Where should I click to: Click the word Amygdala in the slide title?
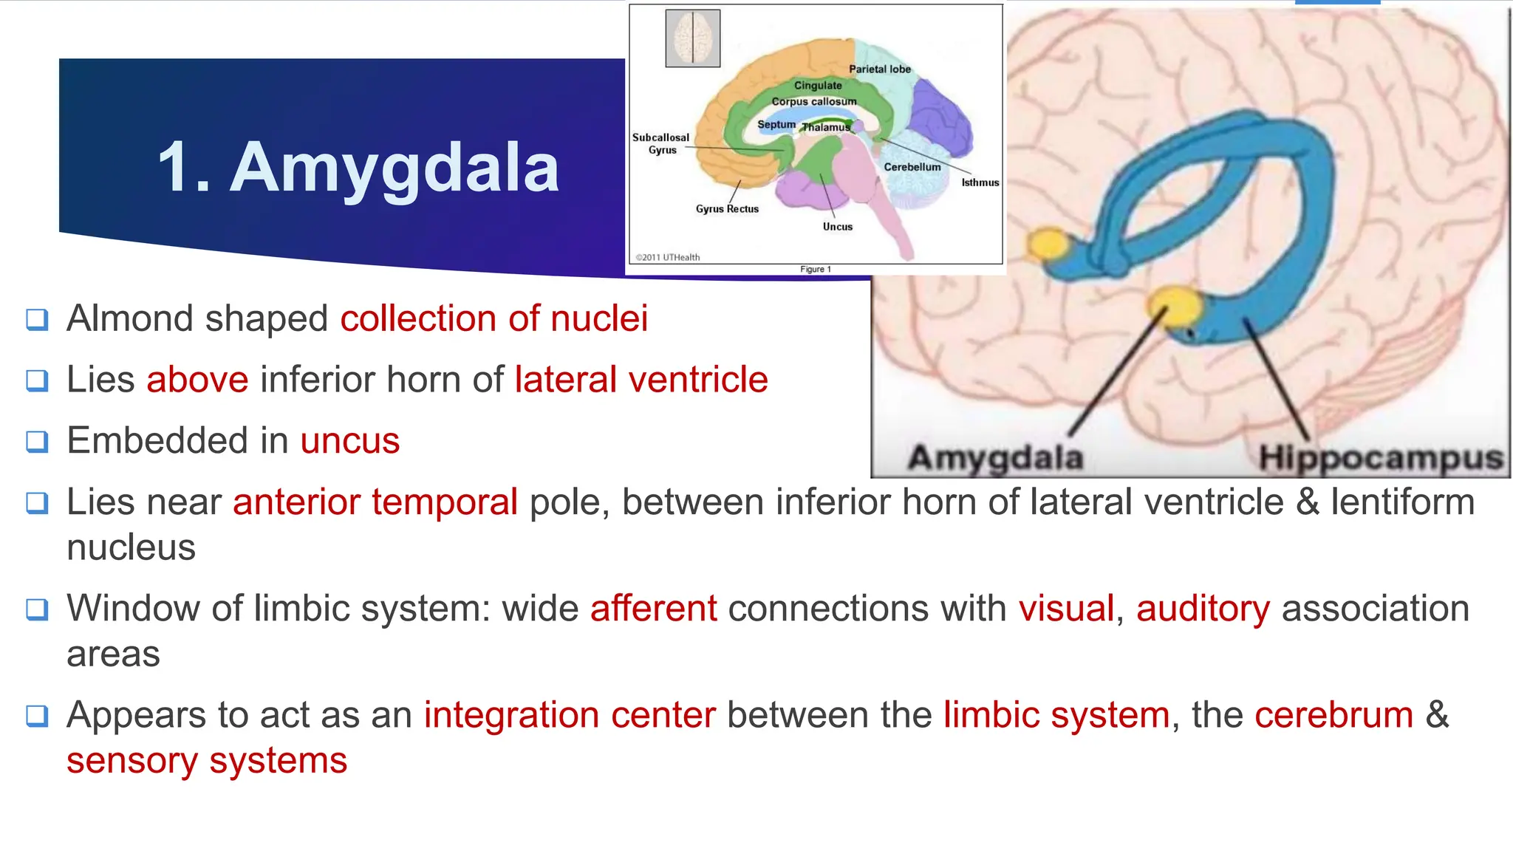point(395,168)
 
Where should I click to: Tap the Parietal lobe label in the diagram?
point(879,69)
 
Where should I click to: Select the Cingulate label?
point(818,86)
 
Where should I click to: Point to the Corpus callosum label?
point(814,102)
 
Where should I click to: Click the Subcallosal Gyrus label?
point(660,143)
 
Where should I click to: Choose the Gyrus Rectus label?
point(727,209)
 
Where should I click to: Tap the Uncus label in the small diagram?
point(838,227)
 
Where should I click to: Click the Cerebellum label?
point(912,167)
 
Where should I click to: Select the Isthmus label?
point(980,182)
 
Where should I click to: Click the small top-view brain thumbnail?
point(692,38)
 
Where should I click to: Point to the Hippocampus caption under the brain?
point(1381,457)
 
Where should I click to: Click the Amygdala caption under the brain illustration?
point(995,457)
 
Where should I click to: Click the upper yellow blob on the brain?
point(1048,243)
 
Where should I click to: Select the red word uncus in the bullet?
point(350,441)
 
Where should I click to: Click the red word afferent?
point(653,609)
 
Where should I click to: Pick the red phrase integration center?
point(570,715)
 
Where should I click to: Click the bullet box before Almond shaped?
point(37,320)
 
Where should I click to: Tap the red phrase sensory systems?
point(207,761)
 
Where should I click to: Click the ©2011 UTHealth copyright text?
point(668,257)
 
